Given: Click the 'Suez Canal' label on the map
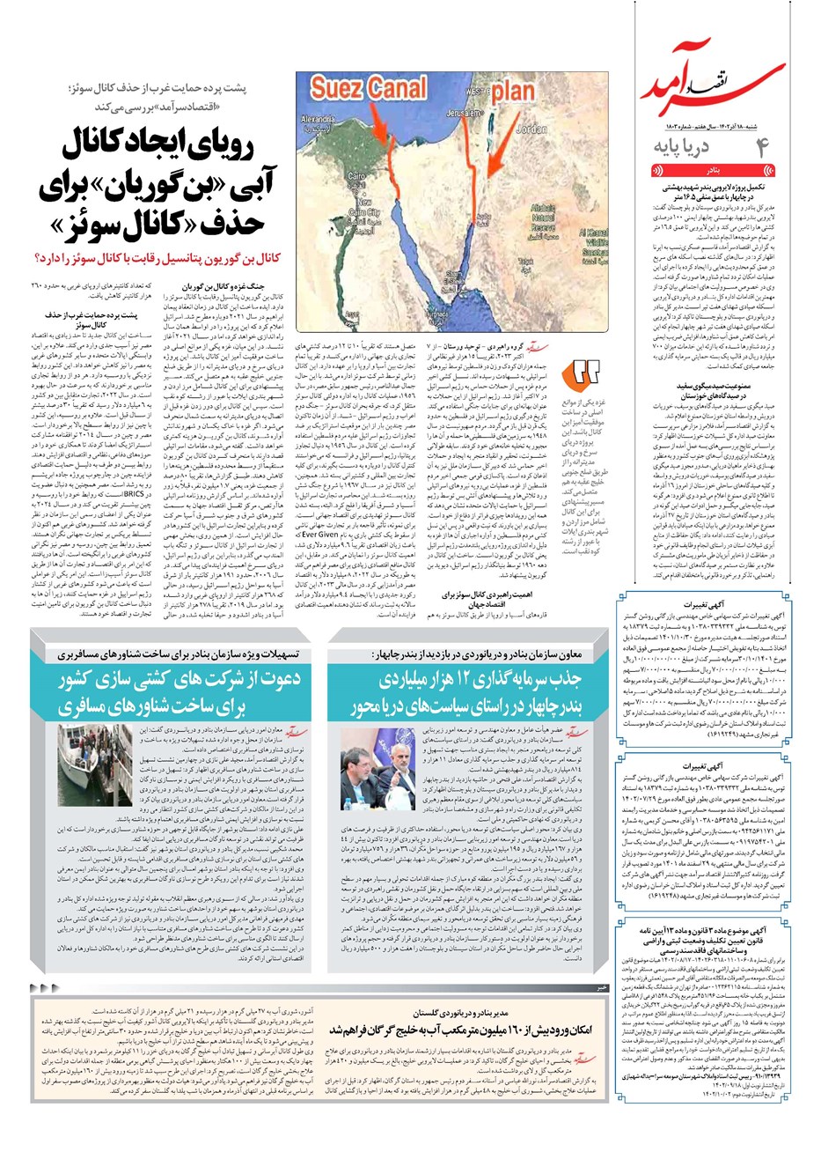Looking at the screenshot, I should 368,89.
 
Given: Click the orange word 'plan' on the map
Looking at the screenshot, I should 512,91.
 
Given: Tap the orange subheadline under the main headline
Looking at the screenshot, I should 154,258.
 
